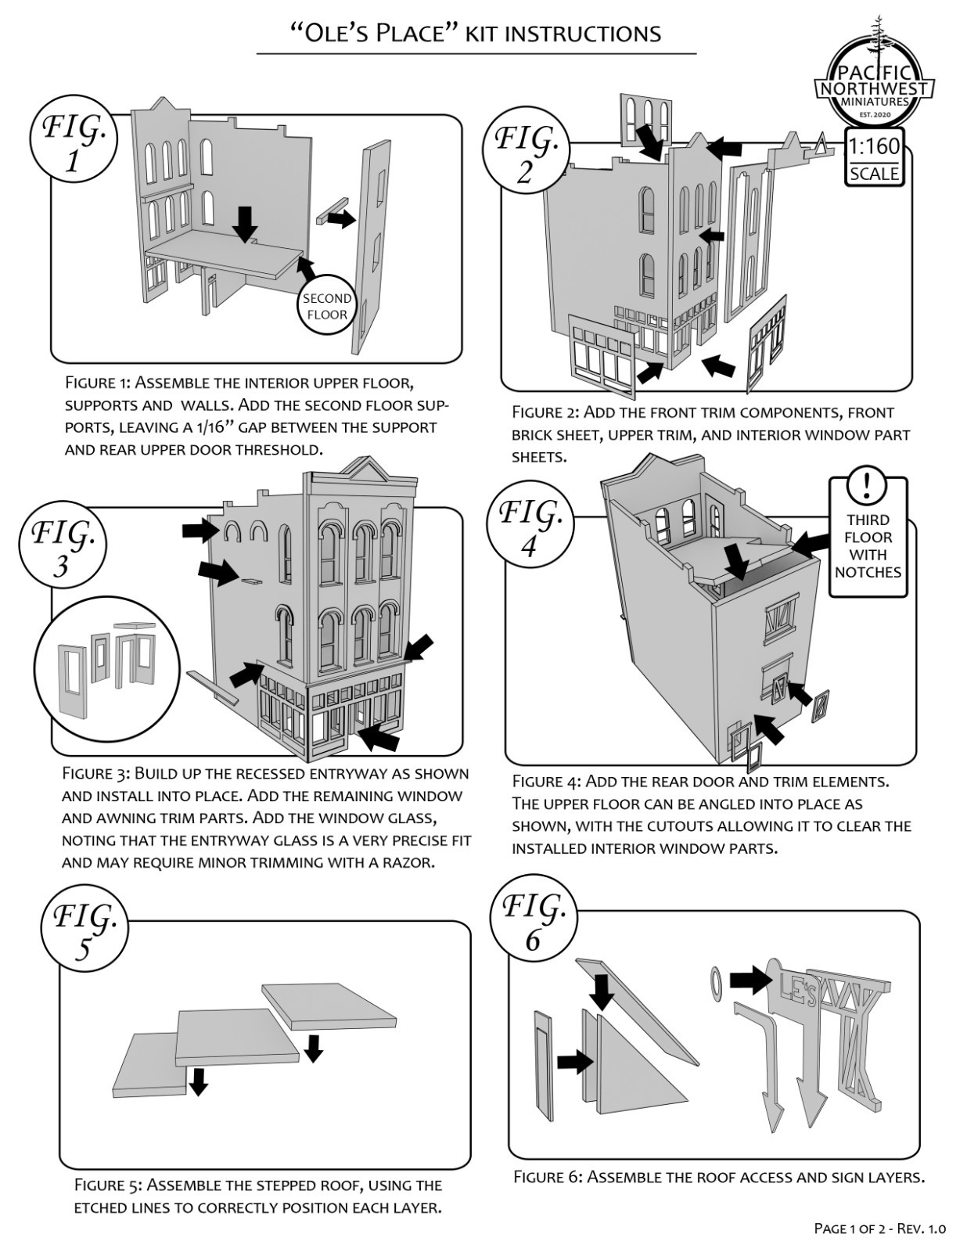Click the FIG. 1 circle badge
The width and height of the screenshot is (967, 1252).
73,143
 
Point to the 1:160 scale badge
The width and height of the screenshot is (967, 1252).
875,157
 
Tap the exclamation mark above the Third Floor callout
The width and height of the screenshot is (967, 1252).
867,486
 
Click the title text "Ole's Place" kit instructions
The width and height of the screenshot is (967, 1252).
476,33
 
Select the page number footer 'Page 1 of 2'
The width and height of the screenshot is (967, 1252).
880,1229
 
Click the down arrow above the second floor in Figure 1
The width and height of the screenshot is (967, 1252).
246,223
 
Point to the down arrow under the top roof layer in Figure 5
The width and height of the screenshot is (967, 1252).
313,1047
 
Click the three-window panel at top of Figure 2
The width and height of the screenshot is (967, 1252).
646,119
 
